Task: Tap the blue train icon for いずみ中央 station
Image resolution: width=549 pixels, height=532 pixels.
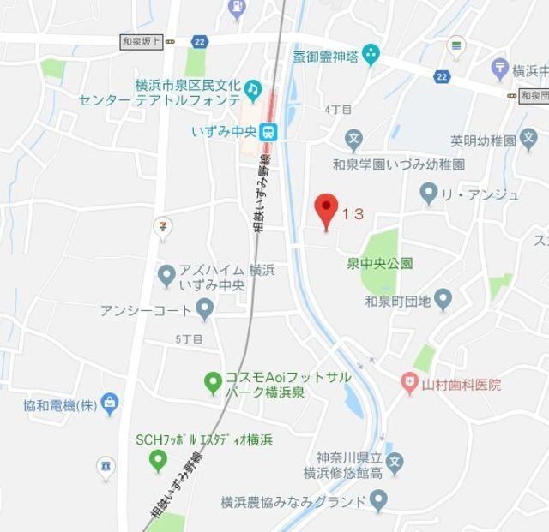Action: [x=269, y=131]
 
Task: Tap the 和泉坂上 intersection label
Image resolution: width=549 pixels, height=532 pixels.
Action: [x=142, y=40]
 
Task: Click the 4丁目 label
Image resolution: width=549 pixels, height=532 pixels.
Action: [x=338, y=110]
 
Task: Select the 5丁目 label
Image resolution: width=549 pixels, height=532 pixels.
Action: [x=189, y=338]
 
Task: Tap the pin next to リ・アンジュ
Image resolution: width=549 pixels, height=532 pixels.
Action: [x=430, y=193]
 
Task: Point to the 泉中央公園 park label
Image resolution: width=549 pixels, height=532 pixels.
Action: [x=380, y=263]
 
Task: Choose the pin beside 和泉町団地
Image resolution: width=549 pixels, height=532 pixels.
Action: [x=443, y=299]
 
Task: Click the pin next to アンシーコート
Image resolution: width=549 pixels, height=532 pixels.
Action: [x=204, y=308]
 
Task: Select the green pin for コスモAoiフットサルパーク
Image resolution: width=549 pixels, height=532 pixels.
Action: [x=212, y=383]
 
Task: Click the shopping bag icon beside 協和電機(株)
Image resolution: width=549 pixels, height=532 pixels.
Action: [x=109, y=402]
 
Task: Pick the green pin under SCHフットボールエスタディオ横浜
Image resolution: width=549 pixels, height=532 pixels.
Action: [x=157, y=462]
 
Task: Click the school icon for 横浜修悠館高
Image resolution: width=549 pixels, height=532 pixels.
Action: [x=394, y=464]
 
